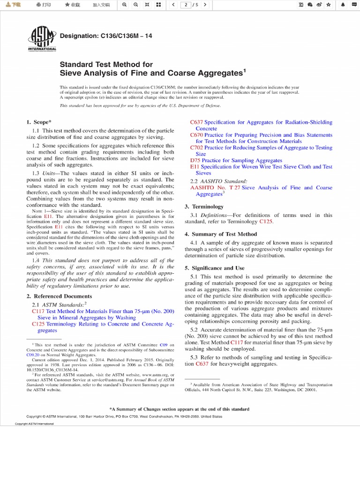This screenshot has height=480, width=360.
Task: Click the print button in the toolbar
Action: (x=43, y=5)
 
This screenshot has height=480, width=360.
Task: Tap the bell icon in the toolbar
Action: (x=343, y=5)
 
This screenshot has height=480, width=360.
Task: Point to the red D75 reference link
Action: (x=195, y=160)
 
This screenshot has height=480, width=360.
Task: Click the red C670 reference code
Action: (x=196, y=135)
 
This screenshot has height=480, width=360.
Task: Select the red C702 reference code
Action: (x=196, y=148)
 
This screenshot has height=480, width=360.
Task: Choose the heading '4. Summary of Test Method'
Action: (x=221, y=234)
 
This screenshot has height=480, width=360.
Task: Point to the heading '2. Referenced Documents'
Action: (x=59, y=296)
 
